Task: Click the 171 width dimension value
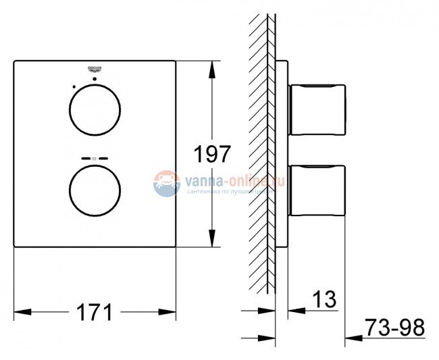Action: (94, 312)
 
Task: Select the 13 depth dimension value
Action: (324, 300)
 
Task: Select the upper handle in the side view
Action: (317, 110)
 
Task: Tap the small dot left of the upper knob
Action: (72, 86)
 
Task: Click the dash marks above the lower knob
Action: (95, 158)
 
